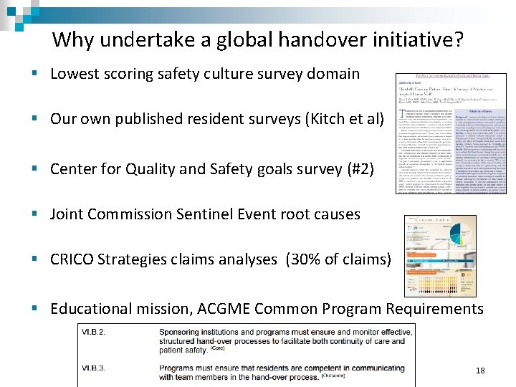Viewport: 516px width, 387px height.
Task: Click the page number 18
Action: (x=479, y=371)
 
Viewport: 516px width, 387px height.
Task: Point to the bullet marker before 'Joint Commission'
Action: (x=34, y=214)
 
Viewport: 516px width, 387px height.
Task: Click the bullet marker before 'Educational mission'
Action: (x=34, y=310)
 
